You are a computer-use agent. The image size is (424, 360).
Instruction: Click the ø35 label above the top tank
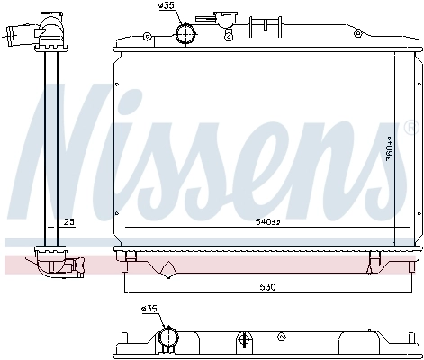(167, 7)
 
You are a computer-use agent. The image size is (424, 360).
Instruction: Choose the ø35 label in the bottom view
(150, 310)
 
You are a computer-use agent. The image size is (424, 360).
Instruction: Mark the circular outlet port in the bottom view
(167, 339)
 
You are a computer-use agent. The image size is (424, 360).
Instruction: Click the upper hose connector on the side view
(19, 37)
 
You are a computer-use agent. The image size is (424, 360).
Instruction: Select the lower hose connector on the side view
(72, 265)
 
